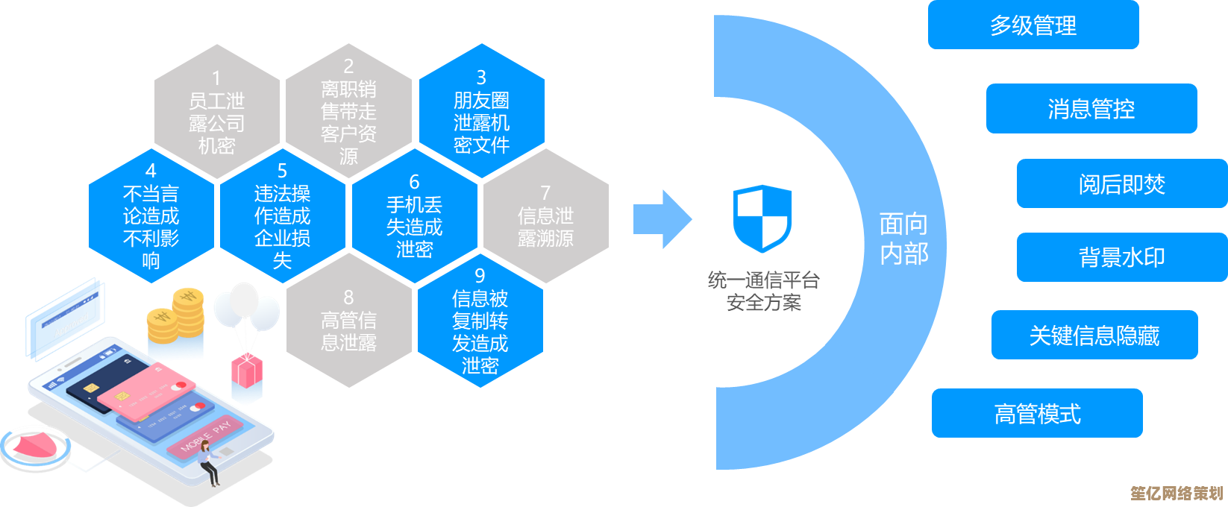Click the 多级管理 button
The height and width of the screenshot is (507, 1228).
pyautogui.click(x=1033, y=25)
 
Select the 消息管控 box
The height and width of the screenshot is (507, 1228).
pyautogui.click(x=1091, y=109)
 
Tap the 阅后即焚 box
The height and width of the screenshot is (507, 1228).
pyautogui.click(x=1121, y=183)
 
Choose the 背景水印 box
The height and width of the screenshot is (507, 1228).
pyautogui.click(x=1121, y=257)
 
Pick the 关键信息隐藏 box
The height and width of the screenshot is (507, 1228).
pyautogui.click(x=1094, y=336)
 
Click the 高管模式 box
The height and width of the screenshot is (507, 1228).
pyautogui.click(x=1037, y=413)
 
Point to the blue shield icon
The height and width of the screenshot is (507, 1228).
pyautogui.click(x=762, y=218)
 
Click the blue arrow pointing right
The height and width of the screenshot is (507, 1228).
pyautogui.click(x=662, y=219)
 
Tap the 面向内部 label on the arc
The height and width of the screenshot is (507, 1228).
pyautogui.click(x=903, y=239)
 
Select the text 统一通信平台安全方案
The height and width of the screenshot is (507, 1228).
pyautogui.click(x=763, y=292)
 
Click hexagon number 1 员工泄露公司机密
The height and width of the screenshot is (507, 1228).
pyautogui.click(x=216, y=112)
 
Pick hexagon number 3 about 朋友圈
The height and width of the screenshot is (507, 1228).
pyautogui.click(x=481, y=112)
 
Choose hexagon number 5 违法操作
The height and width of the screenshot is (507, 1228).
pyautogui.click(x=282, y=216)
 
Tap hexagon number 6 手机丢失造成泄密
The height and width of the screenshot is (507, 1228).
pyautogui.click(x=414, y=216)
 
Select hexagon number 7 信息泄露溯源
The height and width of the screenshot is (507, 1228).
pyautogui.click(x=545, y=216)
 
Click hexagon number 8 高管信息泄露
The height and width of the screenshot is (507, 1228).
pyautogui.click(x=348, y=321)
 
